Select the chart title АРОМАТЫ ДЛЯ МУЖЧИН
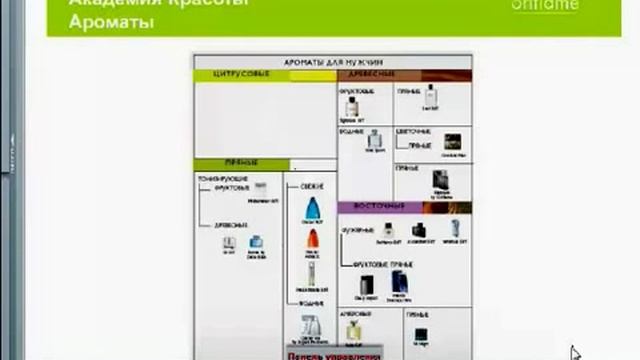pos(332,62)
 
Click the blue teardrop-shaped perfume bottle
pos(313,209)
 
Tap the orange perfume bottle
pos(313,241)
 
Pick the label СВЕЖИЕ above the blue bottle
pos(311,186)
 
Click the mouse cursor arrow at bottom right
pos(575,352)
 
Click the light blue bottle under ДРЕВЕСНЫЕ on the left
pos(255,242)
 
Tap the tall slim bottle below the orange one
pos(312,273)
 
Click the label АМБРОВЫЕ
pos(354,310)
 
